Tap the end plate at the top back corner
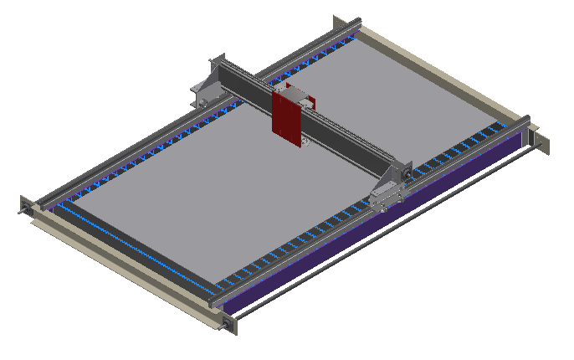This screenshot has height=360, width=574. (339, 22)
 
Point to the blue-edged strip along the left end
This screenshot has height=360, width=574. (126, 243)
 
